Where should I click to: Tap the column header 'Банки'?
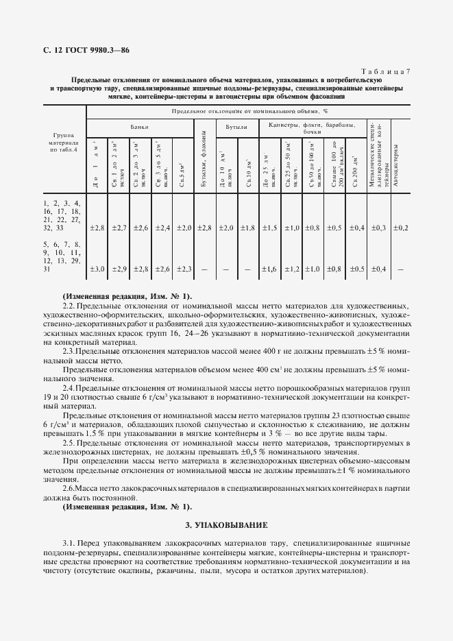click(x=140, y=127)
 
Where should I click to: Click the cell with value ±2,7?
click(x=119, y=227)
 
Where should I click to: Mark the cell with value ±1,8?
click(x=248, y=227)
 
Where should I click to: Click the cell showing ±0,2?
click(x=403, y=227)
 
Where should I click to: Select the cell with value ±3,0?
click(x=97, y=269)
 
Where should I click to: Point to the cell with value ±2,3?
click(x=183, y=269)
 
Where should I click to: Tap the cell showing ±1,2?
click(x=291, y=269)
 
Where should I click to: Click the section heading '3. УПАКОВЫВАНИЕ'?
click(x=227, y=525)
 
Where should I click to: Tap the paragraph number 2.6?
click(x=69, y=487)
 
